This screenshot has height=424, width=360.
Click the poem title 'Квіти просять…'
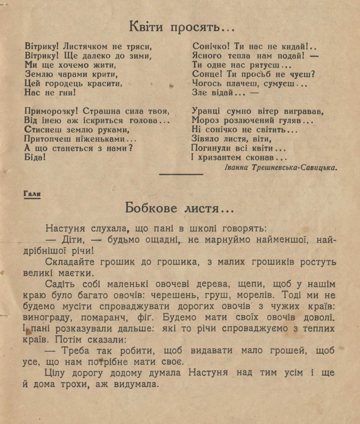coord(182,27)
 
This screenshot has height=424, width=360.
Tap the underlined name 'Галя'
coord(32,194)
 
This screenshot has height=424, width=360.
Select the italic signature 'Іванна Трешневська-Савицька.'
coord(281,168)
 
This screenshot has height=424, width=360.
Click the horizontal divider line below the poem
coord(181,174)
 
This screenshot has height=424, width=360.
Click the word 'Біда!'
coord(35,157)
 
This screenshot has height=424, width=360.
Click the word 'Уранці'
coord(206,111)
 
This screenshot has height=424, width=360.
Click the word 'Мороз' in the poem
coord(204,120)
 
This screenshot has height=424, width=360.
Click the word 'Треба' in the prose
coord(76,351)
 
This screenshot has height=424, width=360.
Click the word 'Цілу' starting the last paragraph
coord(55,373)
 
